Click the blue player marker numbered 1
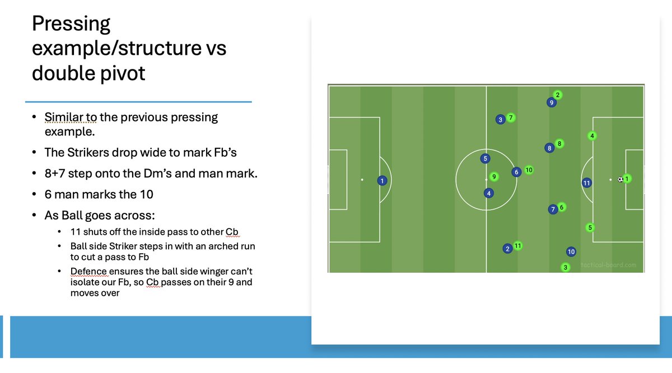pyautogui.click(x=382, y=181)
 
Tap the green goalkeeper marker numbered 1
pyautogui.click(x=627, y=179)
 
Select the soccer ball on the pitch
pyautogui.click(x=620, y=180)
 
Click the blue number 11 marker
pyautogui.click(x=586, y=183)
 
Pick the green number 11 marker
pyautogui.click(x=517, y=246)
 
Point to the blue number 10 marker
pyautogui.click(x=571, y=251)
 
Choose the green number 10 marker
pyautogui.click(x=528, y=170)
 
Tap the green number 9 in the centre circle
pyautogui.click(x=493, y=176)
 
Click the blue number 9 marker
pyautogui.click(x=552, y=102)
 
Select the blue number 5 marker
pyautogui.click(x=486, y=158)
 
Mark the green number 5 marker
pyautogui.click(x=589, y=227)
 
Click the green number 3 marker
pyautogui.click(x=566, y=268)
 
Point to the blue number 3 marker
pyautogui.click(x=501, y=119)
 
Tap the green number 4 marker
pyautogui.click(x=592, y=136)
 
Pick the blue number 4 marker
pyautogui.click(x=489, y=193)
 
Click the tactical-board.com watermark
pyautogui.click(x=608, y=265)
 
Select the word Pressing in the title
pyautogui.click(x=71, y=24)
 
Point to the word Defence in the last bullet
pyautogui.click(x=88, y=271)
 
